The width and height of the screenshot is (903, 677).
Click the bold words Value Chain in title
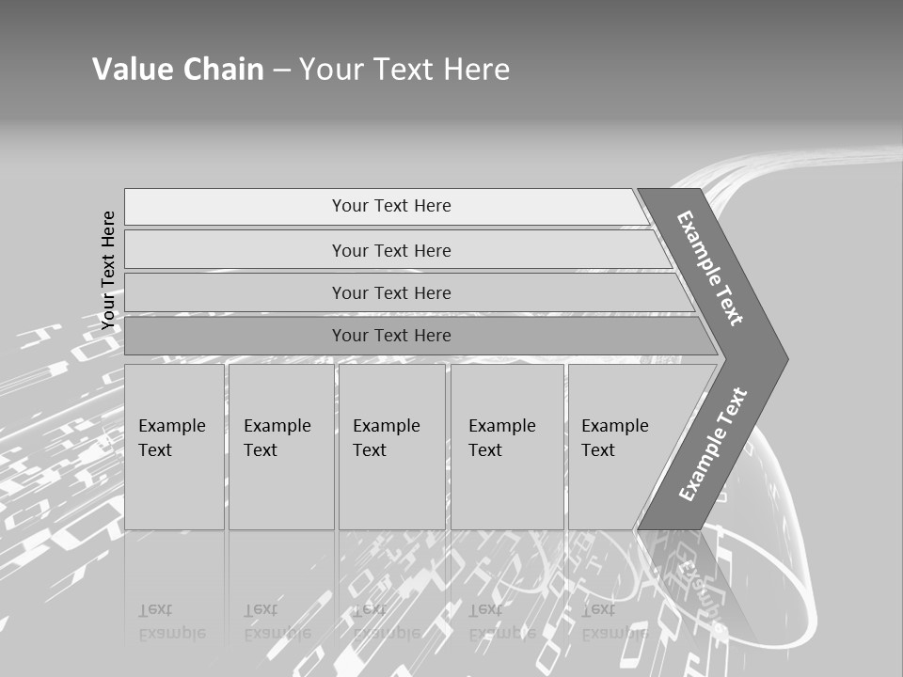click(178, 69)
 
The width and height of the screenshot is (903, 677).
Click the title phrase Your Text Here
click(404, 69)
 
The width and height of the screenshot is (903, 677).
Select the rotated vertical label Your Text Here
click(108, 270)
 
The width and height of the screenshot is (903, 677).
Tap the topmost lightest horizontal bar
click(235, 207)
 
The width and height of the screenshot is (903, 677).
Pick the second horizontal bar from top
click(235, 250)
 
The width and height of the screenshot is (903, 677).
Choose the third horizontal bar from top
click(235, 292)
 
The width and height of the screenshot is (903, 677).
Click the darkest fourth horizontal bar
click(235, 336)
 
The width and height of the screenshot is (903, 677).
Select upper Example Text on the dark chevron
click(710, 268)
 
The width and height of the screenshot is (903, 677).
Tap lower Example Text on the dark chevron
click(713, 444)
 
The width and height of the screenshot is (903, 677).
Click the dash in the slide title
click(281, 70)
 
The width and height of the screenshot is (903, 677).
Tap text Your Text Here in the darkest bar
click(391, 336)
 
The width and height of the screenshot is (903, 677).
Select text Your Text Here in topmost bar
click(391, 206)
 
